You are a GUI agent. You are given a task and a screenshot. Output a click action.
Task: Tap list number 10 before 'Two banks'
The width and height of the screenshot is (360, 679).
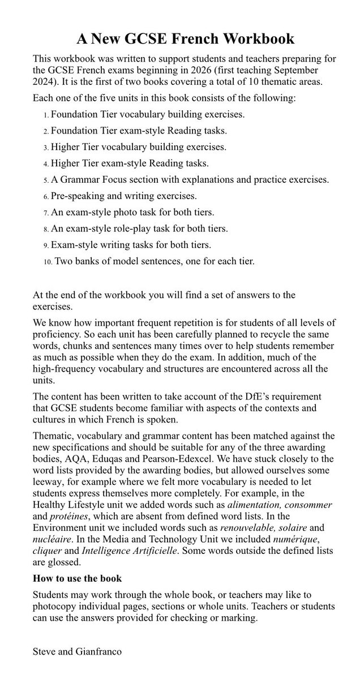tap(48, 262)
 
